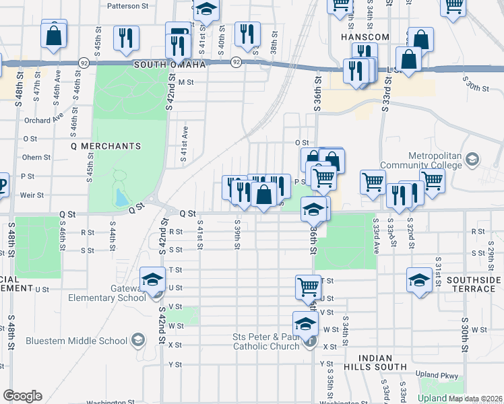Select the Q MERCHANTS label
(x=106, y=145)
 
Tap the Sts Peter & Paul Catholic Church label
(x=265, y=341)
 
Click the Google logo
(x=22, y=396)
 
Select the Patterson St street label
(x=127, y=5)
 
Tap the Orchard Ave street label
(x=37, y=121)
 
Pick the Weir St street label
(x=32, y=195)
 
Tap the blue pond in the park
(x=120, y=197)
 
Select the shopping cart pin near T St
(x=308, y=286)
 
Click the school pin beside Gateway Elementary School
(x=153, y=279)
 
